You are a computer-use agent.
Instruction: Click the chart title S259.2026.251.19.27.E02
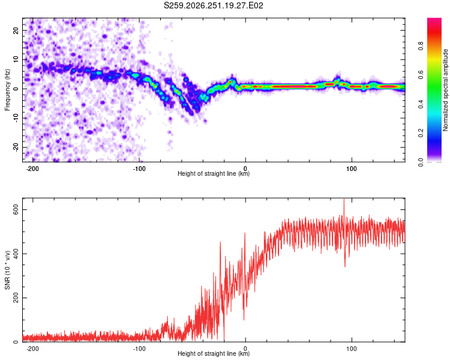click(x=213, y=5)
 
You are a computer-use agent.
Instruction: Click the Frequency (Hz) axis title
click(x=7, y=90)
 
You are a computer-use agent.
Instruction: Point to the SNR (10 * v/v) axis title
click(x=7, y=270)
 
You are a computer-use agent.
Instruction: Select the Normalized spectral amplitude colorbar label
click(x=445, y=90)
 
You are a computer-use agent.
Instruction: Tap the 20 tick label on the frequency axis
click(x=16, y=30)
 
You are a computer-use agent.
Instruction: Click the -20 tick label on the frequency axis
click(x=16, y=148)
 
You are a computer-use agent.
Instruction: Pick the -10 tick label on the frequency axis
click(x=16, y=118)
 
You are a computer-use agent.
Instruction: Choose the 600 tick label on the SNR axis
click(x=16, y=210)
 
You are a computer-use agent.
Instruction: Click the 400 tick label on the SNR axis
click(x=16, y=254)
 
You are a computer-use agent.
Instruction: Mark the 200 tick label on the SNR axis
click(x=16, y=298)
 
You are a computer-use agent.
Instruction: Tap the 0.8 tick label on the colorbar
click(x=421, y=46)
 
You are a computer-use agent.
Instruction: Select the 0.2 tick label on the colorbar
click(x=421, y=133)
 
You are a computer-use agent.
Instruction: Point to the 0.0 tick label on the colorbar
click(x=421, y=162)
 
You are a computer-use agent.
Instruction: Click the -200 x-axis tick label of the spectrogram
click(x=32, y=169)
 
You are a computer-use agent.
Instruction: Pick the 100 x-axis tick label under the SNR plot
click(x=352, y=349)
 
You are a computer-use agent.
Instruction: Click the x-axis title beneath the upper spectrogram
click(x=214, y=173)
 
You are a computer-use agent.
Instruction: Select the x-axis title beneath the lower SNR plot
click(x=214, y=353)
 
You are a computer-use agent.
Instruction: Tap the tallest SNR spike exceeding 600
click(x=344, y=199)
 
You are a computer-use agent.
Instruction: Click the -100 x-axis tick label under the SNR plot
click(x=139, y=349)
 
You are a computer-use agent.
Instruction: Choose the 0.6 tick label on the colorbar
click(x=421, y=75)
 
